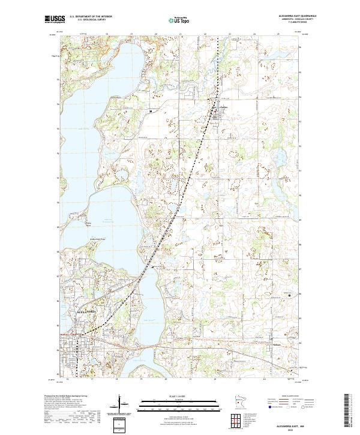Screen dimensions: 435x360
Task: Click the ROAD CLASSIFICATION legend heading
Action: click(x=289, y=397)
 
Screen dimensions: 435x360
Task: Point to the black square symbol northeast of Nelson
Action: click(x=291, y=295)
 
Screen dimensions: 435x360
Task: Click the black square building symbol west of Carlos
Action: click(x=151, y=111)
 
